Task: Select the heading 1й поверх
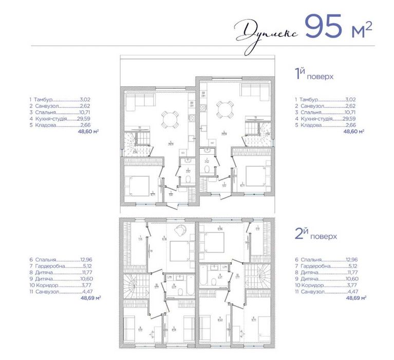click(x=314, y=76)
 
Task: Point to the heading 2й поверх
click(x=315, y=236)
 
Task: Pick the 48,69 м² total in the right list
click(x=354, y=297)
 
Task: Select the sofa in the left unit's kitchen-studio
click(x=135, y=104)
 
